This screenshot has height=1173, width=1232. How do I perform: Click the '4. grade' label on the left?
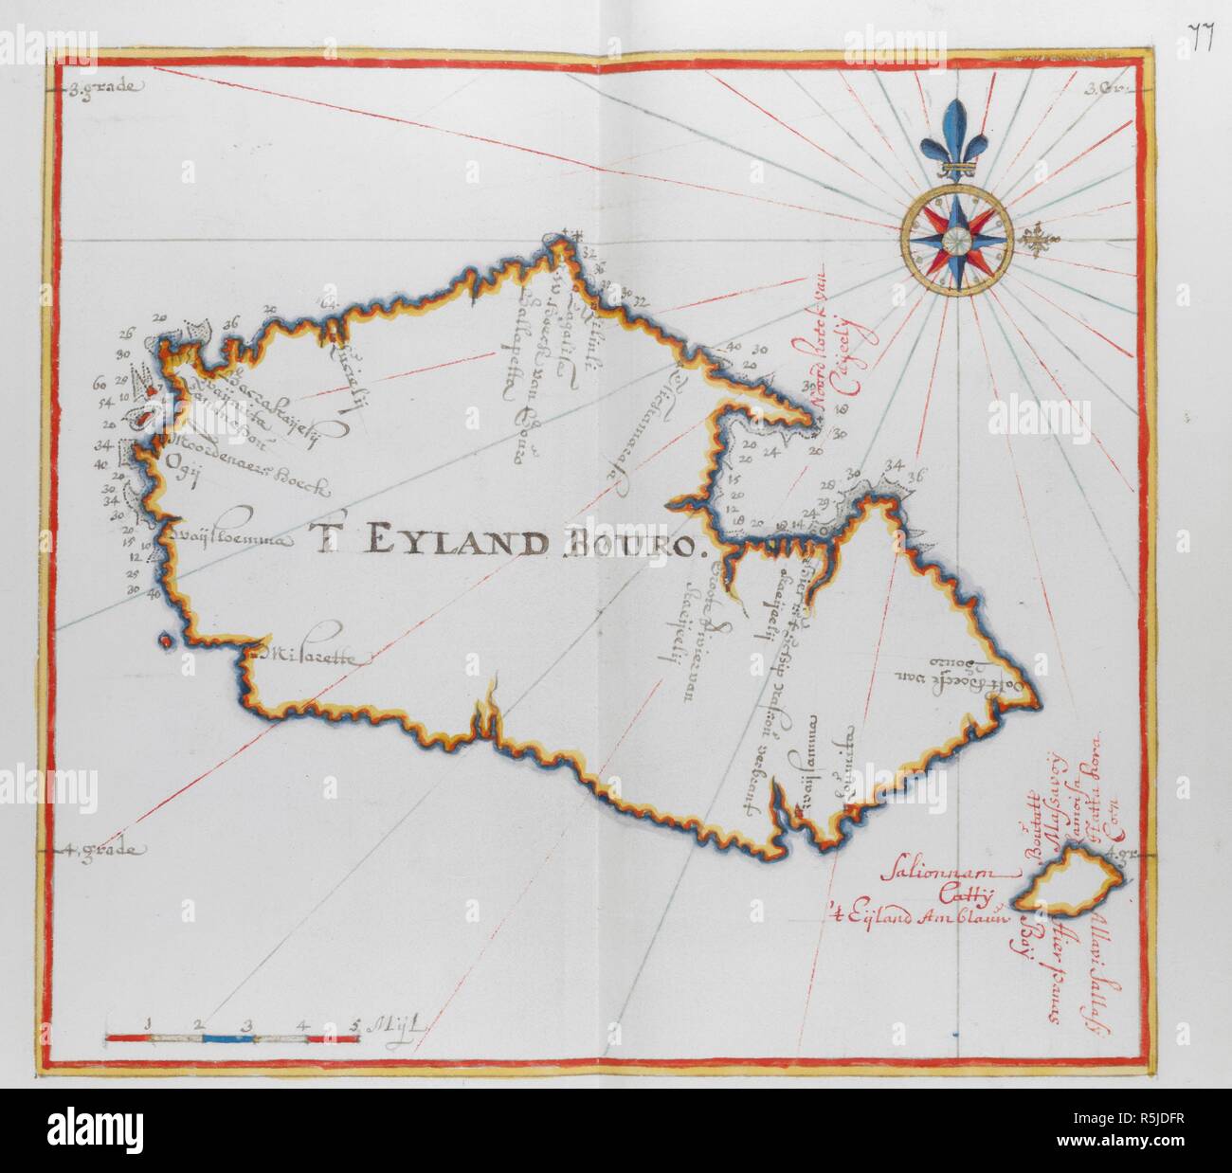pos(107,851)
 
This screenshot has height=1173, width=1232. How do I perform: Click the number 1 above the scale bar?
pos(150,1023)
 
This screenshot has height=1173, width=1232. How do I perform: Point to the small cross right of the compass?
pos(1040,240)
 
